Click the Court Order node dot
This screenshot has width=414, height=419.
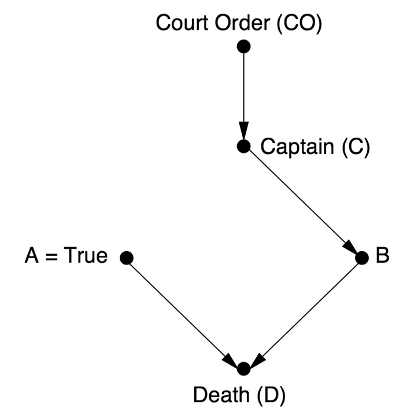tap(243, 46)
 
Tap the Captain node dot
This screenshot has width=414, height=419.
tap(243, 146)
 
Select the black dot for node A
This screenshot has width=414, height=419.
tap(127, 258)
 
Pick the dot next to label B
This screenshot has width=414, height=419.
tap(361, 258)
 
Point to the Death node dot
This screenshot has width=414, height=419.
tap(243, 368)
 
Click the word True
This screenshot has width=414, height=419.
tap(86, 255)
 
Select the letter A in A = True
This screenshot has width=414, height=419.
tap(32, 255)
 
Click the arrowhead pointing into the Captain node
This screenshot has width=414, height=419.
tap(243, 132)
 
